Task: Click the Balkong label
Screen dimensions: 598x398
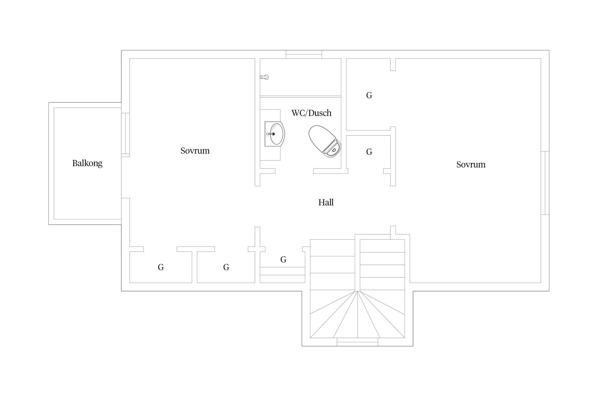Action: [x=87, y=163]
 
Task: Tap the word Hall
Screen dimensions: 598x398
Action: [x=326, y=202]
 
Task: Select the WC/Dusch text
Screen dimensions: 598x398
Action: [x=311, y=113]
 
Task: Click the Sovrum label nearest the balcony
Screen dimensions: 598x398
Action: [x=195, y=151]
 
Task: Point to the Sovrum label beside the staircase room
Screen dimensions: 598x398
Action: [x=471, y=164]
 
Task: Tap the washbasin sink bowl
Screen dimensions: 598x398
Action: [x=277, y=134]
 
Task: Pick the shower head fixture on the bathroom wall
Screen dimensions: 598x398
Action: [x=264, y=77]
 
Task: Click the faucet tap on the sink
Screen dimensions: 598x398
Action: [x=270, y=134]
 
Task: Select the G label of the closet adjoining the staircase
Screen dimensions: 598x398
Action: [x=283, y=259]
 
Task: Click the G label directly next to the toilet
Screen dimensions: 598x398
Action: [x=369, y=152]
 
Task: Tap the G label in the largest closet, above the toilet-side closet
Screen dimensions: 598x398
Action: [x=369, y=95]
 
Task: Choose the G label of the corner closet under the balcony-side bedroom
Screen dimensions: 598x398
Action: [x=161, y=267]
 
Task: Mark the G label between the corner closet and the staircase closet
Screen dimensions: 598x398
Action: [x=226, y=267]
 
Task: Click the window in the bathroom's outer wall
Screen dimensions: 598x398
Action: [x=304, y=54]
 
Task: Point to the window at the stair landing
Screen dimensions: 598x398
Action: [x=357, y=342]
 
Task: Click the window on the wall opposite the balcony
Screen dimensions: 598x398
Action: [x=545, y=183]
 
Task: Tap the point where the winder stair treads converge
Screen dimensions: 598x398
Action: [x=358, y=291]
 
